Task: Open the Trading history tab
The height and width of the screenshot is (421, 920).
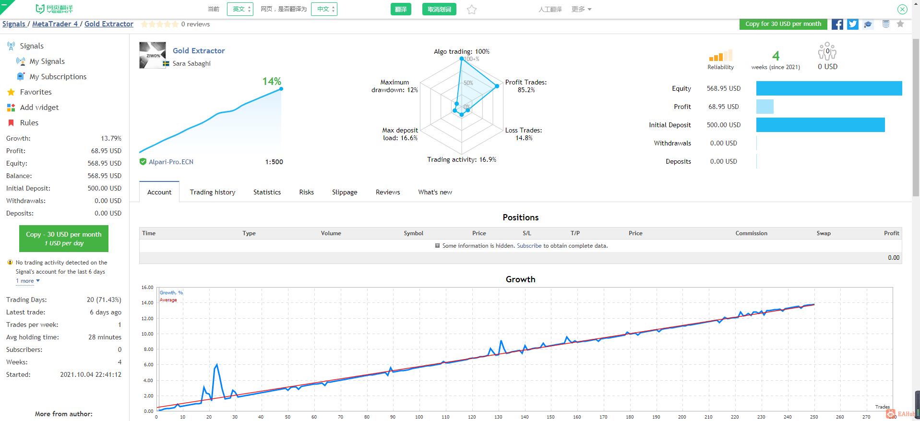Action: tap(213, 192)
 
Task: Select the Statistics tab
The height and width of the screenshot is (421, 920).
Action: tap(267, 192)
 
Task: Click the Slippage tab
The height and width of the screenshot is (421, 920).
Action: tap(345, 192)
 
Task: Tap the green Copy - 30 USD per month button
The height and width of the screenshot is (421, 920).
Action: tap(64, 239)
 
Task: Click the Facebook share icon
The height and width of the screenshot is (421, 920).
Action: tap(837, 24)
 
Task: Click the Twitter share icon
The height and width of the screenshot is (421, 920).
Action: tap(852, 24)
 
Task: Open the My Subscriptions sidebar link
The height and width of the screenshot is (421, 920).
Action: tap(58, 77)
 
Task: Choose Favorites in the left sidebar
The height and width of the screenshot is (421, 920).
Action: tap(36, 92)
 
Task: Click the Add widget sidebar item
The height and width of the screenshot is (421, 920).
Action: tap(39, 108)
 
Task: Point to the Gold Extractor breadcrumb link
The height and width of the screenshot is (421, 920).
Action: tap(109, 24)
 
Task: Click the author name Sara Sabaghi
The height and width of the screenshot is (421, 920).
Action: tap(191, 63)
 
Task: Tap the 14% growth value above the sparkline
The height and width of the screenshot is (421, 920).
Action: tap(272, 81)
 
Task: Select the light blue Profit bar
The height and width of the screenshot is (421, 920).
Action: tap(765, 107)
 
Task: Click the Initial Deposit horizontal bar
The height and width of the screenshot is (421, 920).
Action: tap(821, 125)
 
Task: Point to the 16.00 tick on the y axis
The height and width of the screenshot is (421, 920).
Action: tap(147, 288)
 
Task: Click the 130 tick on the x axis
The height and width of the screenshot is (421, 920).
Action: tap(498, 417)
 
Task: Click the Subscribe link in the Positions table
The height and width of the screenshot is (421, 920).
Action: tap(529, 246)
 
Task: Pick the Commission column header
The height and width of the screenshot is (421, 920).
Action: tap(751, 233)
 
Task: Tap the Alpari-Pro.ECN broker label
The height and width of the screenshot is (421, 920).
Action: tap(171, 162)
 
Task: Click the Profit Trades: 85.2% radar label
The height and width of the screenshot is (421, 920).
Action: tap(526, 86)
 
